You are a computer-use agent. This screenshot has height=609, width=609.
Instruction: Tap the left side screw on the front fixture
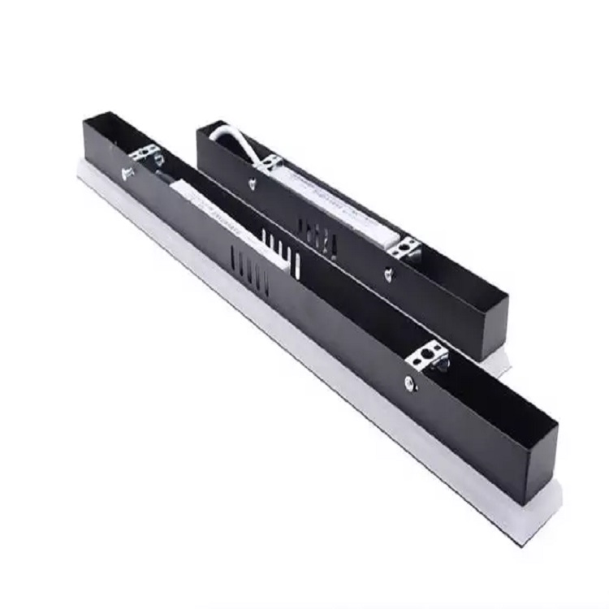[127, 172]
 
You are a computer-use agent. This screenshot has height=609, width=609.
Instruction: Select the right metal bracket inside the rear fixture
[408, 247]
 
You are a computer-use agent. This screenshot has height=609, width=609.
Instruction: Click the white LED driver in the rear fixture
[341, 204]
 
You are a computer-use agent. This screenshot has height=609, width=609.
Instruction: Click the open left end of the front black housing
[101, 134]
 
